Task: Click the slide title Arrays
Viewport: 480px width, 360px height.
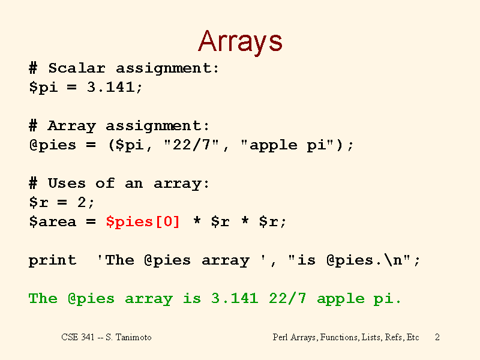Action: pos(240,42)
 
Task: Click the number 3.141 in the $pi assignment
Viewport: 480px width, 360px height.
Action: pos(110,87)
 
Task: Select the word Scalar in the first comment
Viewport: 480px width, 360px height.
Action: pos(77,68)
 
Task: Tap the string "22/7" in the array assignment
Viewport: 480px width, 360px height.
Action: pos(191,145)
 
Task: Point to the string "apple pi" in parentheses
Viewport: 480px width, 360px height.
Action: pos(287,145)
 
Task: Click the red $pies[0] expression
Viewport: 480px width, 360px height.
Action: pos(143,221)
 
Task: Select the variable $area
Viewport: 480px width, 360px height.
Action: pos(52,221)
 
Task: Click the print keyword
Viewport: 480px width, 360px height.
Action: pos(52,260)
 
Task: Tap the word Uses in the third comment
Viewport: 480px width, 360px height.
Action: pos(67,183)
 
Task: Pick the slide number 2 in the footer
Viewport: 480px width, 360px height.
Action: pos(437,337)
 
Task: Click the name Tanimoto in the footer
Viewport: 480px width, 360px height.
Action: pos(133,337)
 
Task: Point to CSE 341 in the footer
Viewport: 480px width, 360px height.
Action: pos(78,337)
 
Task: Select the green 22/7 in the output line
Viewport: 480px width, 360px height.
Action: pos(287,298)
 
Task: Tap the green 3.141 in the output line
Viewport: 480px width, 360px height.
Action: pos(235,298)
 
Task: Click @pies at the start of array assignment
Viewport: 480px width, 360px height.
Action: pos(52,145)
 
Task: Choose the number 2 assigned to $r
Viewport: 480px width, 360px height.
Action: pos(82,202)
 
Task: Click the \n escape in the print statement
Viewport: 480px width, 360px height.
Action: pos(394,260)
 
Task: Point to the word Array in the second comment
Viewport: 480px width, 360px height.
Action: pos(72,126)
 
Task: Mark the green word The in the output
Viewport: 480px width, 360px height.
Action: pos(43,298)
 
